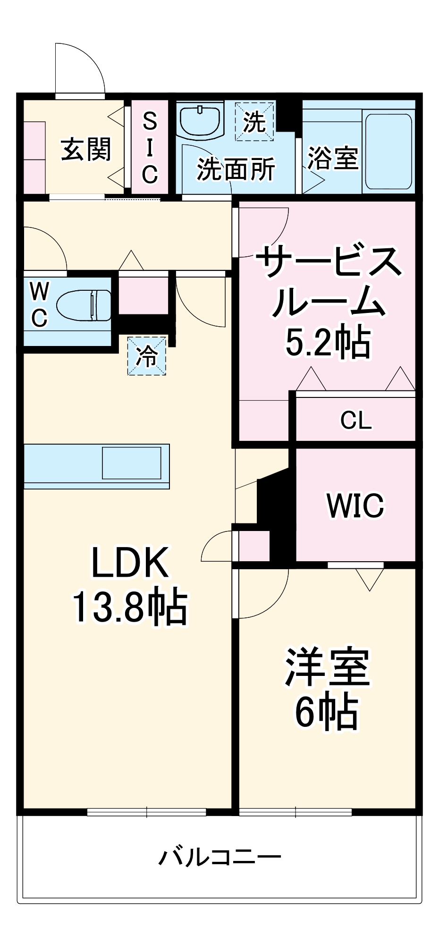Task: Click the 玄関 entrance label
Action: pos(86,149)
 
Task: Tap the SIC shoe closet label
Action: pos(150,148)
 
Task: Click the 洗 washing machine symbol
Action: pos(254,122)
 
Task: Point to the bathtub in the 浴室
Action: pos(388,151)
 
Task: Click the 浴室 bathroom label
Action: pos(332,158)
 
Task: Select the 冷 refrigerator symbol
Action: pos(147,356)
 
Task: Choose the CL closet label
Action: pos(356,420)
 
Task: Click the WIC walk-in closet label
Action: pos(355,506)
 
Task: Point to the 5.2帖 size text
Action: pos(328,343)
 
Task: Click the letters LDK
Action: pos(130,563)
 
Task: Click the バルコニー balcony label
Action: pos(219,857)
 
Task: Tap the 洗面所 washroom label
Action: pos(236,169)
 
